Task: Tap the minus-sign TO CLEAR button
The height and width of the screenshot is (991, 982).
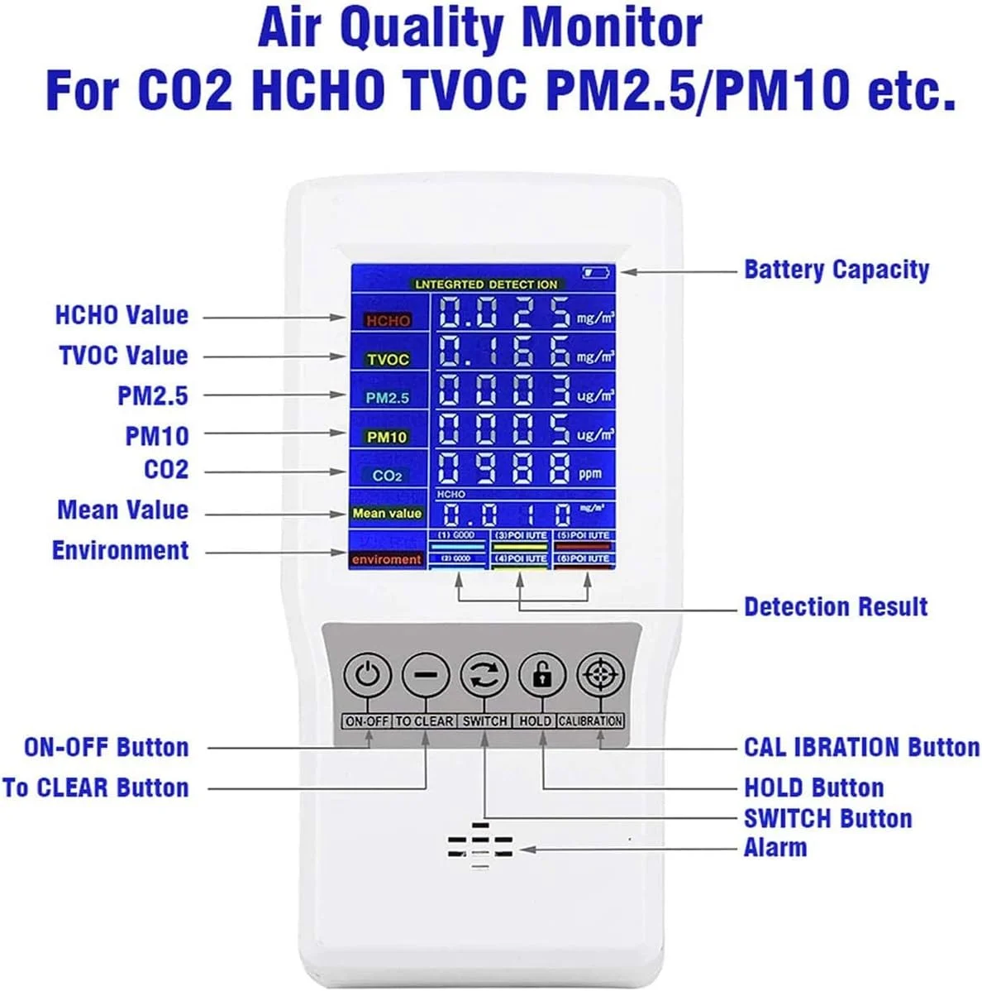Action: pos(426,676)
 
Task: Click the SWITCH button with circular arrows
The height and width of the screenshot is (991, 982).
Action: pos(484,676)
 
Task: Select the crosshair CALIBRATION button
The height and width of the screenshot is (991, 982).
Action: pos(600,676)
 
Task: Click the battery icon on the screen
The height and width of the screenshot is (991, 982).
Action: pos(595,271)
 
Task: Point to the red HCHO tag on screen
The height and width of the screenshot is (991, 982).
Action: pos(388,320)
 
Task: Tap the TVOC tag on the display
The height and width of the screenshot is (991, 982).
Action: pos(388,359)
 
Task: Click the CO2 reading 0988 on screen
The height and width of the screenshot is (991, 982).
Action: pos(503,469)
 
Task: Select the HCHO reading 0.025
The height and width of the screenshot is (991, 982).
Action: pos(503,314)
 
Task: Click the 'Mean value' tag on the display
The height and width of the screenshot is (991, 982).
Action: pos(387,513)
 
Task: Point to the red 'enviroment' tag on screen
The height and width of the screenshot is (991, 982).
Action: pos(386,559)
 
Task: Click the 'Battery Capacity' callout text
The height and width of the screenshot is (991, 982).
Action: pos(837,270)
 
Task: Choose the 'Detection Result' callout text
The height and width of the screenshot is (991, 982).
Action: pos(836,606)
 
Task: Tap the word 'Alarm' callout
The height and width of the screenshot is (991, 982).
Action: pos(775,848)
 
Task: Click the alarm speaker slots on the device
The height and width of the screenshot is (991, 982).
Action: pos(480,846)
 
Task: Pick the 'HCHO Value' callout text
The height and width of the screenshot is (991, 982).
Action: pos(122,315)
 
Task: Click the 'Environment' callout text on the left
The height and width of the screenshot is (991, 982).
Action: pos(121,551)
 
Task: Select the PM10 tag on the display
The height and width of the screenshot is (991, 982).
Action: pos(387,436)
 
